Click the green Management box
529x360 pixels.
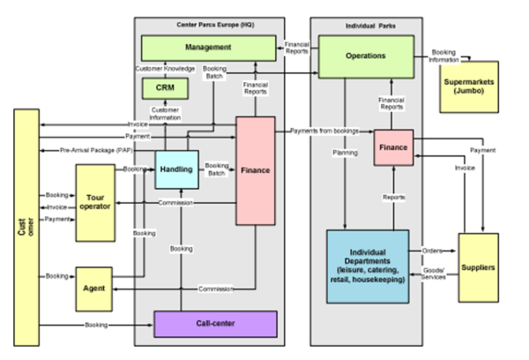click(208, 47)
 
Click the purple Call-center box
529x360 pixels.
click(215, 324)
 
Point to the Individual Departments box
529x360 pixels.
click(367, 266)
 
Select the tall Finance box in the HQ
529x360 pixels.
click(255, 169)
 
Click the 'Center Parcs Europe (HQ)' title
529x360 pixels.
click(209, 24)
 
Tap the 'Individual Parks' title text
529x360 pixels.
click(365, 24)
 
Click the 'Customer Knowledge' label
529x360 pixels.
click(165, 67)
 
